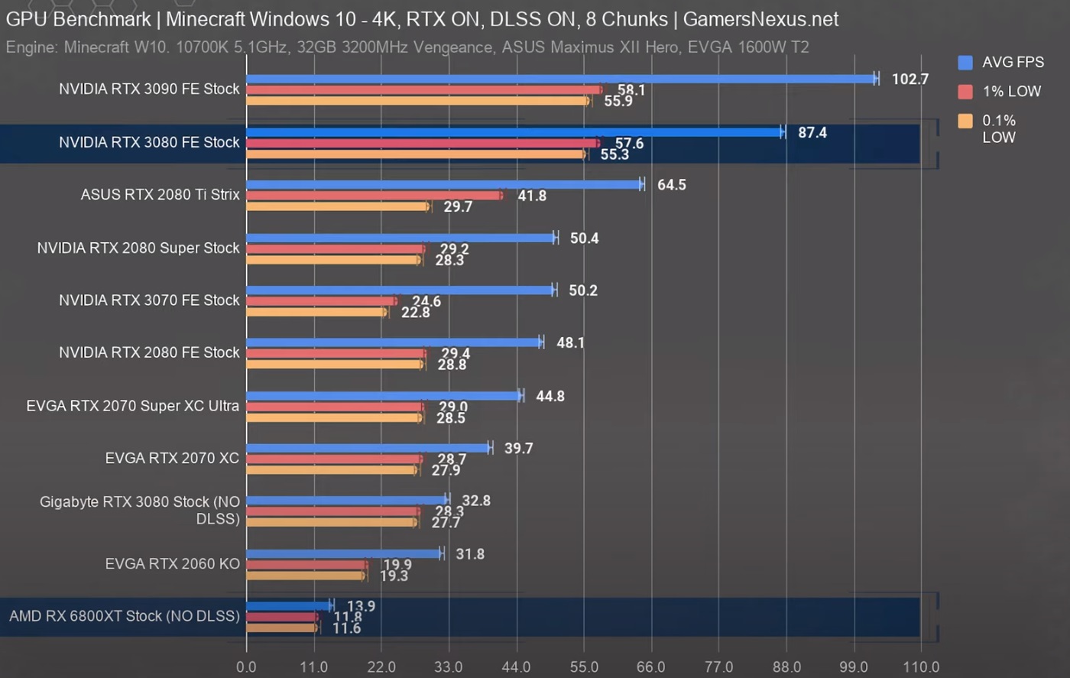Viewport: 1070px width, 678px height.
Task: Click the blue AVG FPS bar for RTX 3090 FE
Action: (x=562, y=79)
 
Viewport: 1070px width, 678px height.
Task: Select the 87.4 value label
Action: (x=812, y=133)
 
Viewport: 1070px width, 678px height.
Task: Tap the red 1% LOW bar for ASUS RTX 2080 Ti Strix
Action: (x=374, y=196)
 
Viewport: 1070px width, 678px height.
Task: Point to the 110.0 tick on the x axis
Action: (x=921, y=667)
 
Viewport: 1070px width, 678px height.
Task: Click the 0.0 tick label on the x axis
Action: (x=246, y=667)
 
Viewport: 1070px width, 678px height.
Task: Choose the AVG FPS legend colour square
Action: (x=965, y=63)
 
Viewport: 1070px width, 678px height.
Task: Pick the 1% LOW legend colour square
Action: (x=965, y=92)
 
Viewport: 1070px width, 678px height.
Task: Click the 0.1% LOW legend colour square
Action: (x=965, y=121)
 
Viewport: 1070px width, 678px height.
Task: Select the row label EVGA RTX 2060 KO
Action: (x=173, y=564)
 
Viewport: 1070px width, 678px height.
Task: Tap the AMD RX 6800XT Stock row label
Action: (x=125, y=616)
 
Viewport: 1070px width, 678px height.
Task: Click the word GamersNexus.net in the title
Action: (x=760, y=19)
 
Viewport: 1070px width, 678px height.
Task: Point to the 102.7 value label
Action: (x=909, y=79)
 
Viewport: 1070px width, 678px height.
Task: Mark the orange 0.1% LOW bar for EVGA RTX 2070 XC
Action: (x=332, y=470)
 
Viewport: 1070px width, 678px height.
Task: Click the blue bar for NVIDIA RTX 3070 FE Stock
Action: (x=400, y=290)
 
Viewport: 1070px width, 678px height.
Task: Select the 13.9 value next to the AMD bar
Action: (x=361, y=606)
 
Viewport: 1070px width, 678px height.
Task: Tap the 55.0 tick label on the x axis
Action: (x=584, y=667)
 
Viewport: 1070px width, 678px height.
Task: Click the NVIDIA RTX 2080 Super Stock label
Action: (x=138, y=248)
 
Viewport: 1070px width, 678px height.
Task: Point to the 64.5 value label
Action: (x=672, y=185)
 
